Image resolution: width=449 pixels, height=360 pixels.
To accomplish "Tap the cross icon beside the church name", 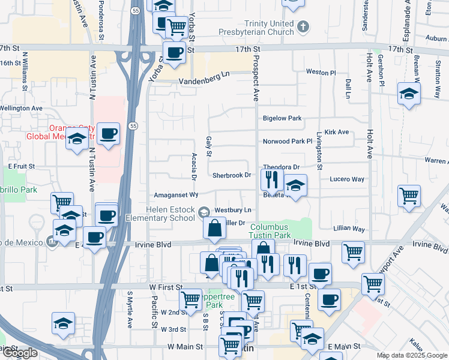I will coord(304,26).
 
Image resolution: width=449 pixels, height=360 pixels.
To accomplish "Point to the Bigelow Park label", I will coord(282,118).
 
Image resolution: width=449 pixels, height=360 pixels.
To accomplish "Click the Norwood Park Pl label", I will coord(288,142).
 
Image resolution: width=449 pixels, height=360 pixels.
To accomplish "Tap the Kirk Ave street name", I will coord(336,132).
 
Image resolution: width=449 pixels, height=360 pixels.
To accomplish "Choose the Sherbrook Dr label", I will coord(231,175).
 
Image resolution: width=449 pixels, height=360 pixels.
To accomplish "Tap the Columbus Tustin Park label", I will coord(270,231).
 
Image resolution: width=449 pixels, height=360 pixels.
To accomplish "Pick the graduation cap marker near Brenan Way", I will coord(409,94).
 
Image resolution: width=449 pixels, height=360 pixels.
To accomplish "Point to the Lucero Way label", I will coord(347,179).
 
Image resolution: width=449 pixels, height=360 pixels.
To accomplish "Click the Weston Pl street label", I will coord(321,72).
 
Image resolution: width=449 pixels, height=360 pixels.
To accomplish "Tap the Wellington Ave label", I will coord(21,109).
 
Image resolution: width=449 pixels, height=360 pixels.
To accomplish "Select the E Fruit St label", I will coord(22,166).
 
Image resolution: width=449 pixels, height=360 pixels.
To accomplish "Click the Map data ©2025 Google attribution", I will coord(411,355).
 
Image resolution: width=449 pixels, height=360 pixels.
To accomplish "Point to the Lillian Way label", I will coord(349,229).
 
